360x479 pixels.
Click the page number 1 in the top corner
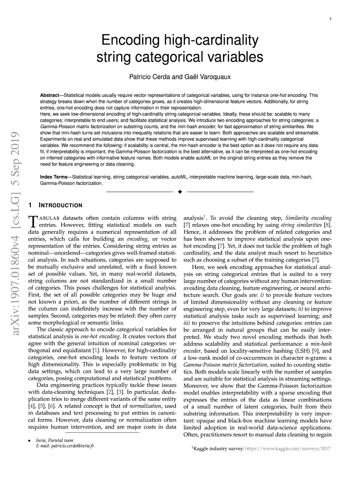coord(331,19)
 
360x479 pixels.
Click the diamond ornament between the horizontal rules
coord(180,192)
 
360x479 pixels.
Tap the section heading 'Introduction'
coord(60,205)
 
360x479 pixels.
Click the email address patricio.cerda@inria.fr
coord(65,446)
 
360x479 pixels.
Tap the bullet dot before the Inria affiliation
coord(29,440)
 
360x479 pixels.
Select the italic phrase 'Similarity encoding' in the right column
coord(309,218)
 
